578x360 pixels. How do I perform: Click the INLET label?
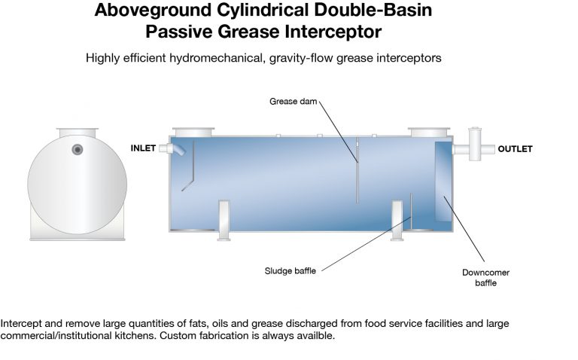[x=143, y=148]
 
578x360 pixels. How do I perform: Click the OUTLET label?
[x=515, y=149]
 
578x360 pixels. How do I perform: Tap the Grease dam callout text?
[x=293, y=102]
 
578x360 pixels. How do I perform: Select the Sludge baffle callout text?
[x=290, y=271]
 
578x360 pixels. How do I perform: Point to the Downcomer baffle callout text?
[x=486, y=278]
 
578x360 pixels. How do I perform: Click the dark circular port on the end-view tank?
[x=78, y=149]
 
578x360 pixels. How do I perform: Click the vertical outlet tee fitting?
[x=475, y=144]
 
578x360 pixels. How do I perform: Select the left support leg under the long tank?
[x=224, y=221]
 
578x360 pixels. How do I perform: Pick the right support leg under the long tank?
[x=397, y=221]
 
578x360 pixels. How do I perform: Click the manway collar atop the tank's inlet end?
[x=193, y=132]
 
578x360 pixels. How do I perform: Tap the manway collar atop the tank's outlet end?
[x=429, y=132]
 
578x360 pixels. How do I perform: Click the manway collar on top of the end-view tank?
[x=78, y=133]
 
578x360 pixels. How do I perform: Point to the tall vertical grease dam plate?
[x=357, y=170]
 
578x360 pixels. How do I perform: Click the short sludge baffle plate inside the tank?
[x=411, y=211]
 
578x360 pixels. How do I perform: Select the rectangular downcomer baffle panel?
[x=443, y=182]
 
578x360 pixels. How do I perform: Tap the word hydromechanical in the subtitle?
[x=217, y=58]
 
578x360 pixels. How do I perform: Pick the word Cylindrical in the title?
[x=263, y=10]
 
